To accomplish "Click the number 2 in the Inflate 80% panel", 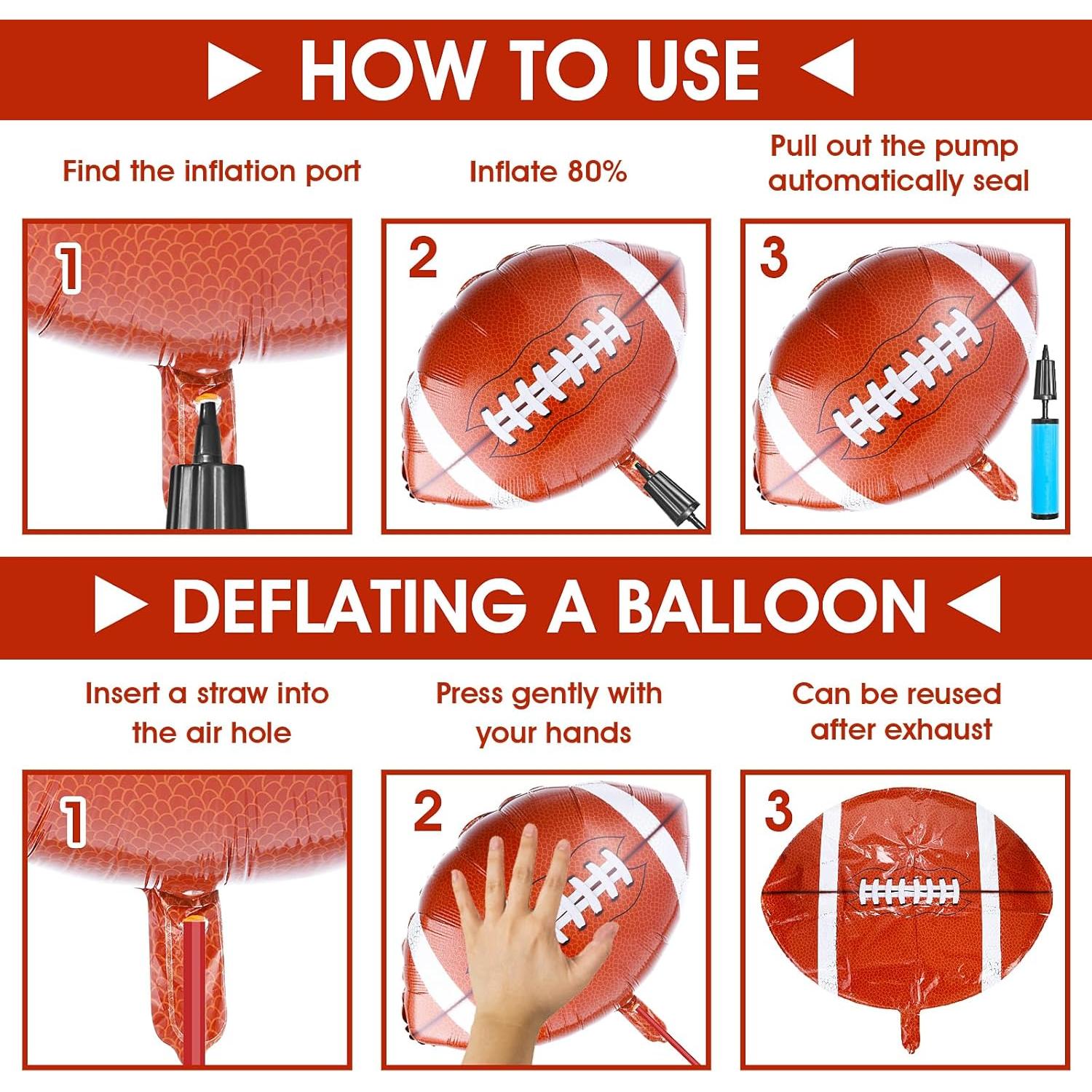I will coord(422,258).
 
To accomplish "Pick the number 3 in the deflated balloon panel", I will coord(778,810).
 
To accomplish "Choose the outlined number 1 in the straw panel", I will coord(73,823).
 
